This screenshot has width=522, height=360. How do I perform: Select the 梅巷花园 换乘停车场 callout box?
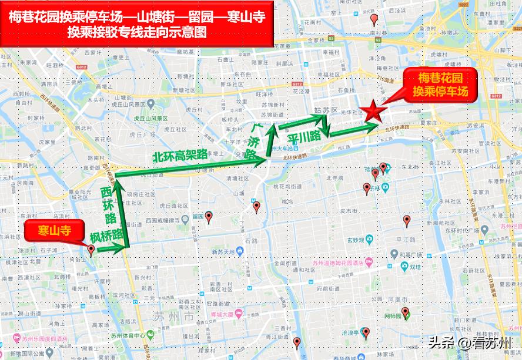click(440, 85)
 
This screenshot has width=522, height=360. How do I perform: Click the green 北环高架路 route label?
click(180, 156)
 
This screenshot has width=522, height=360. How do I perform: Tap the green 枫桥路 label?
click(108, 236)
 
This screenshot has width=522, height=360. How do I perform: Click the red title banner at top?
click(137, 25)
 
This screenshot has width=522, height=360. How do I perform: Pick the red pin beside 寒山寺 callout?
click(91, 250)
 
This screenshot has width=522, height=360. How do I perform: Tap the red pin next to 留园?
click(208, 217)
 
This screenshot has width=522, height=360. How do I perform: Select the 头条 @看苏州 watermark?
click(470, 342)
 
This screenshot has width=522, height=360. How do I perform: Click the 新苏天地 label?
click(223, 252)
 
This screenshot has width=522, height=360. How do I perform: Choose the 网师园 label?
click(391, 316)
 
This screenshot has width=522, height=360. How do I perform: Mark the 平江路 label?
click(406, 239)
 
